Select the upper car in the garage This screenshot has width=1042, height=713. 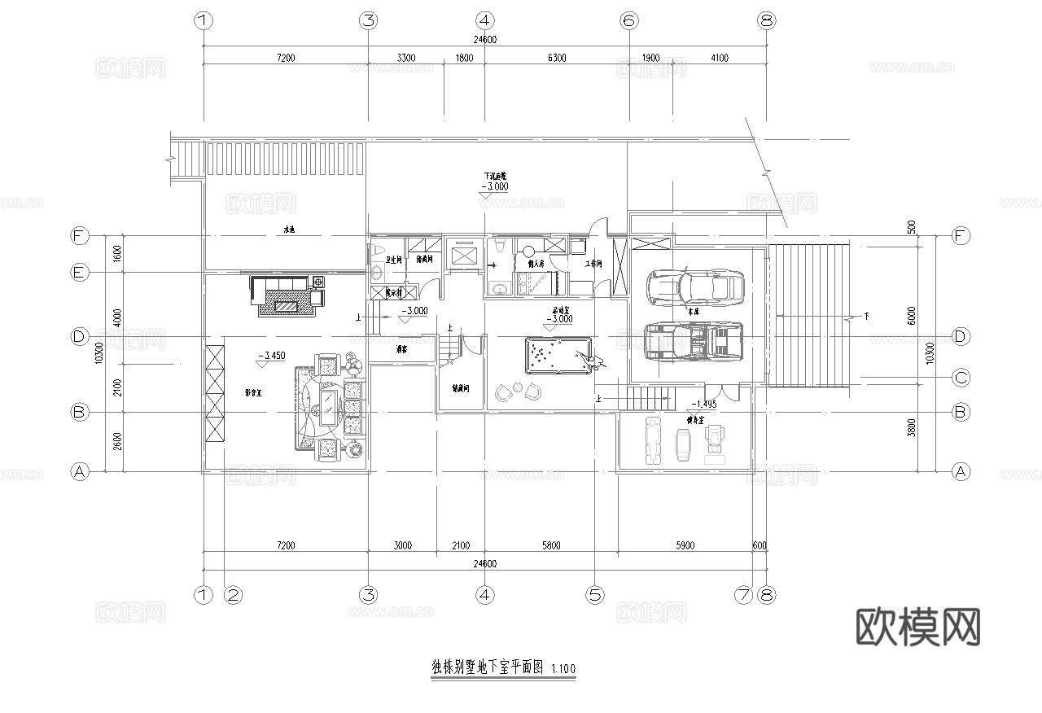point(694,287)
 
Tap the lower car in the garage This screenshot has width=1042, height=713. point(694,342)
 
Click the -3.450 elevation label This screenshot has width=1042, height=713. point(270,356)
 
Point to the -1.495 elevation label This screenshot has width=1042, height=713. point(703,404)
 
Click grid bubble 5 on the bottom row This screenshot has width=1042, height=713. point(596,596)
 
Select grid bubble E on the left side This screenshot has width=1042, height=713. point(79,273)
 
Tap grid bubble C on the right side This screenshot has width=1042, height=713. point(961,378)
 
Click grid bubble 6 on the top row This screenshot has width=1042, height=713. point(628,21)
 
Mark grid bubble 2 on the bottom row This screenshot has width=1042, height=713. point(233,596)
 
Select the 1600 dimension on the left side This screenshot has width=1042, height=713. point(117,253)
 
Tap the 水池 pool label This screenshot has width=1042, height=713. point(288,230)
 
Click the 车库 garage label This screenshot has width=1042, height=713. point(694,311)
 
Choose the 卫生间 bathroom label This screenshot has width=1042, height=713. point(393,260)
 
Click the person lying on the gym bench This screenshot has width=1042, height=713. point(653,440)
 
